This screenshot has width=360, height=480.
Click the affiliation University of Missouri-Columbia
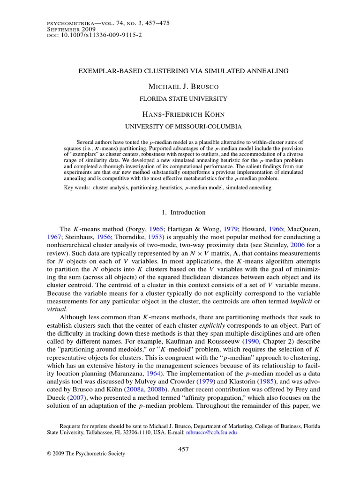click(183, 127)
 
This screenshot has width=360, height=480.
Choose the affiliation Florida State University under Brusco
click(183, 99)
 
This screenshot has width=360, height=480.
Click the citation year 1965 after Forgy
click(156, 229)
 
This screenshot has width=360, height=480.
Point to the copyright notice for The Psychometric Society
click(86, 453)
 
